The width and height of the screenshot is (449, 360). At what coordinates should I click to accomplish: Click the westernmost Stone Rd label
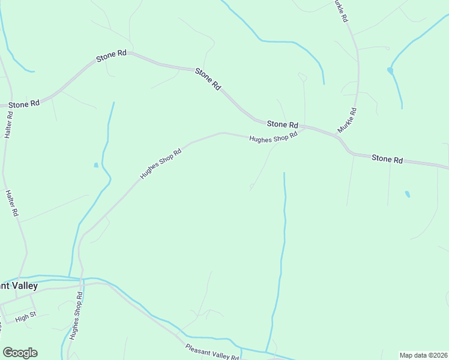24,104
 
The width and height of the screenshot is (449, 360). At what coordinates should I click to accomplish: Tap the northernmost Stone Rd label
111,55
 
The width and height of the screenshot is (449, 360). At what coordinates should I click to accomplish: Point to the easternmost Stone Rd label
387,159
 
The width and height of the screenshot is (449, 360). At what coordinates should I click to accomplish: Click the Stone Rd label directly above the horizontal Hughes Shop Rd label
282,124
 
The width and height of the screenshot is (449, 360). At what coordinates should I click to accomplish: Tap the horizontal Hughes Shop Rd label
273,137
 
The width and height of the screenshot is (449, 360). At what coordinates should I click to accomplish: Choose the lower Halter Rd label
12,203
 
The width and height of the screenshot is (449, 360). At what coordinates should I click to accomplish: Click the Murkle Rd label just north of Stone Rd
347,120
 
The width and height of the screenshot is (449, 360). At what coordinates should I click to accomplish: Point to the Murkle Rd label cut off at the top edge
340,11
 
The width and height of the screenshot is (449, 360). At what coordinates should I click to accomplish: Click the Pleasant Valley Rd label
211,352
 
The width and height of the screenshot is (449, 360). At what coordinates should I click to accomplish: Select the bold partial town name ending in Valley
19,286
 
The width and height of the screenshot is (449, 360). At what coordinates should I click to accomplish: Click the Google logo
20,353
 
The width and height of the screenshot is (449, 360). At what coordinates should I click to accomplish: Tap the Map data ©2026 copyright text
423,355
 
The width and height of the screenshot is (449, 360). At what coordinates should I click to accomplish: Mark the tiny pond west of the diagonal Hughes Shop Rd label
96,165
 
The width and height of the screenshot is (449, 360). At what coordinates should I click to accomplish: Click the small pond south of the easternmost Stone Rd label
408,194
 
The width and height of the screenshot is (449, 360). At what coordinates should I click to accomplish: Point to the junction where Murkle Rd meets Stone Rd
340,139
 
